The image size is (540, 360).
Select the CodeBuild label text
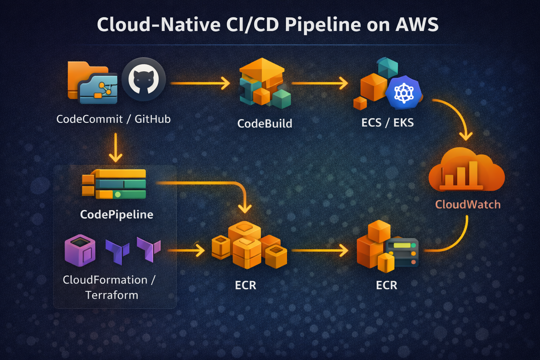265,123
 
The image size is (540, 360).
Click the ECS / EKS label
387,123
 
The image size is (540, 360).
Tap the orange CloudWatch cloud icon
466,171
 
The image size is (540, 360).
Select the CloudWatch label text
468,204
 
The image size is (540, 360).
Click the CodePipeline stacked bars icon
115,184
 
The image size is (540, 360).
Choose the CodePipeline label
116,214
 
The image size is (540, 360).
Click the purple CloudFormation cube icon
80,250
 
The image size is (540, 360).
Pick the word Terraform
112,295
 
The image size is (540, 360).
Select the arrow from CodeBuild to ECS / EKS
319,83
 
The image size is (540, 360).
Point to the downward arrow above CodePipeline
115,148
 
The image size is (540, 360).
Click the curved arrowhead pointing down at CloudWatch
466,135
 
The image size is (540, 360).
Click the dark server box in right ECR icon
402,252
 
